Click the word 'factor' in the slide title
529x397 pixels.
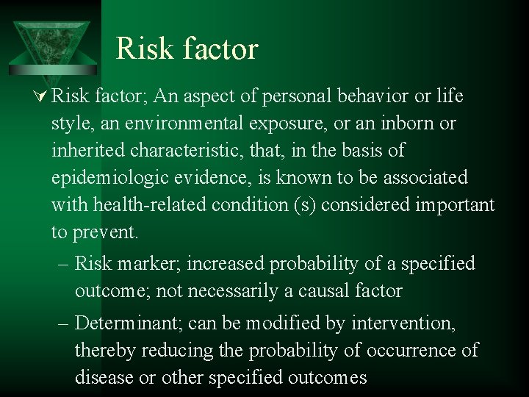(220, 49)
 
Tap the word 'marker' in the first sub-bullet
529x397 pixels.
(145, 263)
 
